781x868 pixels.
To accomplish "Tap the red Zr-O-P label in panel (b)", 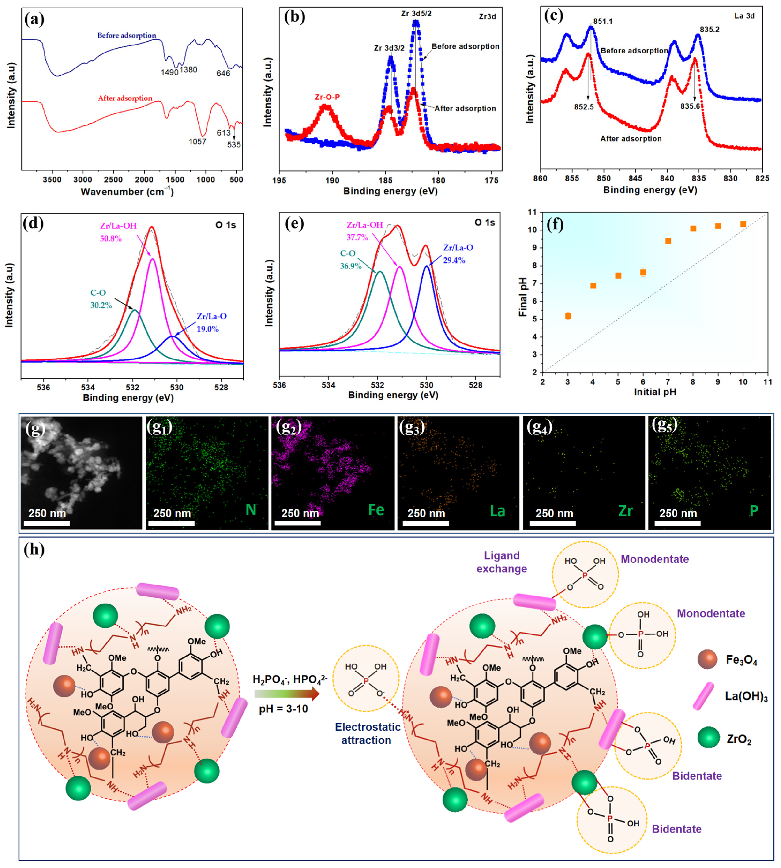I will click(x=327, y=97).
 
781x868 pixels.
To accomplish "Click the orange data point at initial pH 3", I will click(x=568, y=316).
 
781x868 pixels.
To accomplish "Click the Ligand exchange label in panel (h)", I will click(x=502, y=562).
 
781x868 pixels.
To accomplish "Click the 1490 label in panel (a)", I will click(x=169, y=72).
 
